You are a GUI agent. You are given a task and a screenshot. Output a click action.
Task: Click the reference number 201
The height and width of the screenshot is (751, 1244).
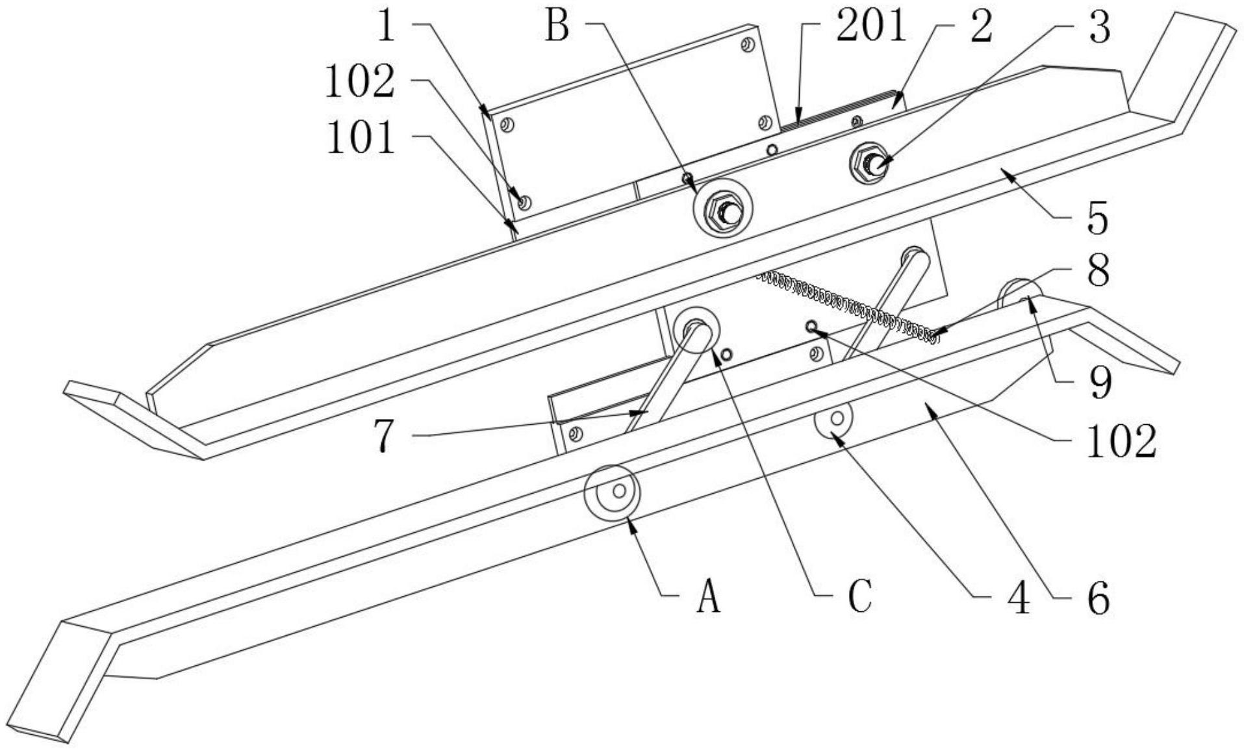tap(870, 27)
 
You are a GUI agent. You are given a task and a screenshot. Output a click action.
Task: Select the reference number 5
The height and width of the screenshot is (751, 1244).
tap(1098, 218)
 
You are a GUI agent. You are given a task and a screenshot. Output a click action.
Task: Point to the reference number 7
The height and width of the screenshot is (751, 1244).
tap(385, 435)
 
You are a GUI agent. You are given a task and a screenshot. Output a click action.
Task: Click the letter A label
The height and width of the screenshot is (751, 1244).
tap(709, 597)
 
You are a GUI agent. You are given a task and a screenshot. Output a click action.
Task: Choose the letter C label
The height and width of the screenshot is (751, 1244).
tap(861, 597)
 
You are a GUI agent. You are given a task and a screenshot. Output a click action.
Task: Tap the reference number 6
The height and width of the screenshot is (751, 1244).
tap(1098, 597)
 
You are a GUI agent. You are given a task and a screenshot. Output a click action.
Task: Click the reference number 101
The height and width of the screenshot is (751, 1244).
tap(361, 138)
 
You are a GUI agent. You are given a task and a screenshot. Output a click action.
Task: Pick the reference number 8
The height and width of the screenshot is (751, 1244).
tap(1098, 270)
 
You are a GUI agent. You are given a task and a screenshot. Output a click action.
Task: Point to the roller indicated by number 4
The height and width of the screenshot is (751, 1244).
tap(834, 420)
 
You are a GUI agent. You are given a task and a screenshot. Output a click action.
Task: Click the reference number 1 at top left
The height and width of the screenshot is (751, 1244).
tap(387, 27)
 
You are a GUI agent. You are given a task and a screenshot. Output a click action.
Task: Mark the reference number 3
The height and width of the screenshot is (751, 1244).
tap(1098, 27)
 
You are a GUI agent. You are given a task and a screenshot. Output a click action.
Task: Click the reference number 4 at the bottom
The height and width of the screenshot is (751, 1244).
tap(1018, 597)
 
